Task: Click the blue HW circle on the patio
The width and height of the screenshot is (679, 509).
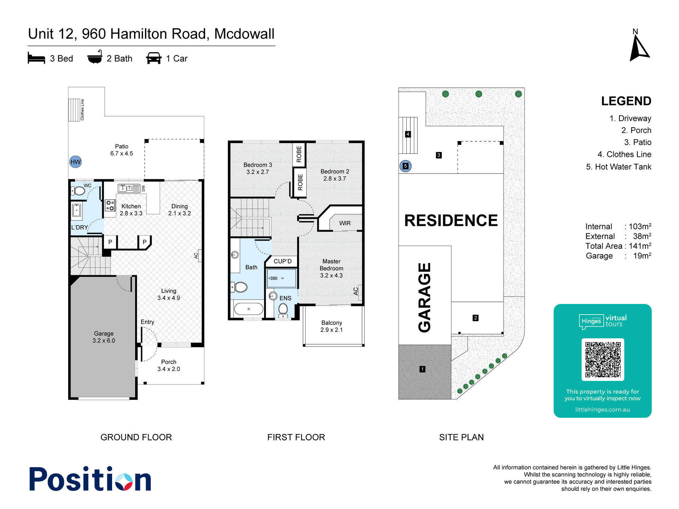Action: [x=75, y=162]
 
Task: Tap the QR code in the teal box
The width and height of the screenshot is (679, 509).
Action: [x=603, y=359]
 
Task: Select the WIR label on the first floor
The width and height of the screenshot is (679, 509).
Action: [x=345, y=223]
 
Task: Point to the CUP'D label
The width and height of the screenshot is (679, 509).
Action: [x=283, y=261]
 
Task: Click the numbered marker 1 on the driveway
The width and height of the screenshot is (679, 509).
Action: [x=422, y=369]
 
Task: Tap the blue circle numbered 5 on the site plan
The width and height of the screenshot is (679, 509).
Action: [x=406, y=166]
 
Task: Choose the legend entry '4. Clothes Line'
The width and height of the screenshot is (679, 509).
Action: [x=624, y=154]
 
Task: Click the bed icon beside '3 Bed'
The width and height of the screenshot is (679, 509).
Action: [x=36, y=58]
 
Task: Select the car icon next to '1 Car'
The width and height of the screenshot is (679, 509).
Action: [x=154, y=58]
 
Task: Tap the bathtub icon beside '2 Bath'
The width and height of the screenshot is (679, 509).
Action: [x=95, y=57]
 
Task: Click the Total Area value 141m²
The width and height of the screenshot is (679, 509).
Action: [x=640, y=246]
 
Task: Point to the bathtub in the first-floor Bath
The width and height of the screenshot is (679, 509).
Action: [x=249, y=309]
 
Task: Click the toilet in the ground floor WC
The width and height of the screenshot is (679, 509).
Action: [x=78, y=191]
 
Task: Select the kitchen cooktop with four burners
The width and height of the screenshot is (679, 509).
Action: [x=110, y=205]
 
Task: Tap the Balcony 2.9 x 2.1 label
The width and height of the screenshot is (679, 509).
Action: [x=332, y=326]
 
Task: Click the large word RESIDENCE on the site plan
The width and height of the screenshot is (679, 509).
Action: [x=451, y=221]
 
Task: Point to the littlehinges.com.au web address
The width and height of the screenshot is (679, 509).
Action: [x=602, y=410]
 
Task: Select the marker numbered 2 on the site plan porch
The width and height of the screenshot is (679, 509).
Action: [x=476, y=318]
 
